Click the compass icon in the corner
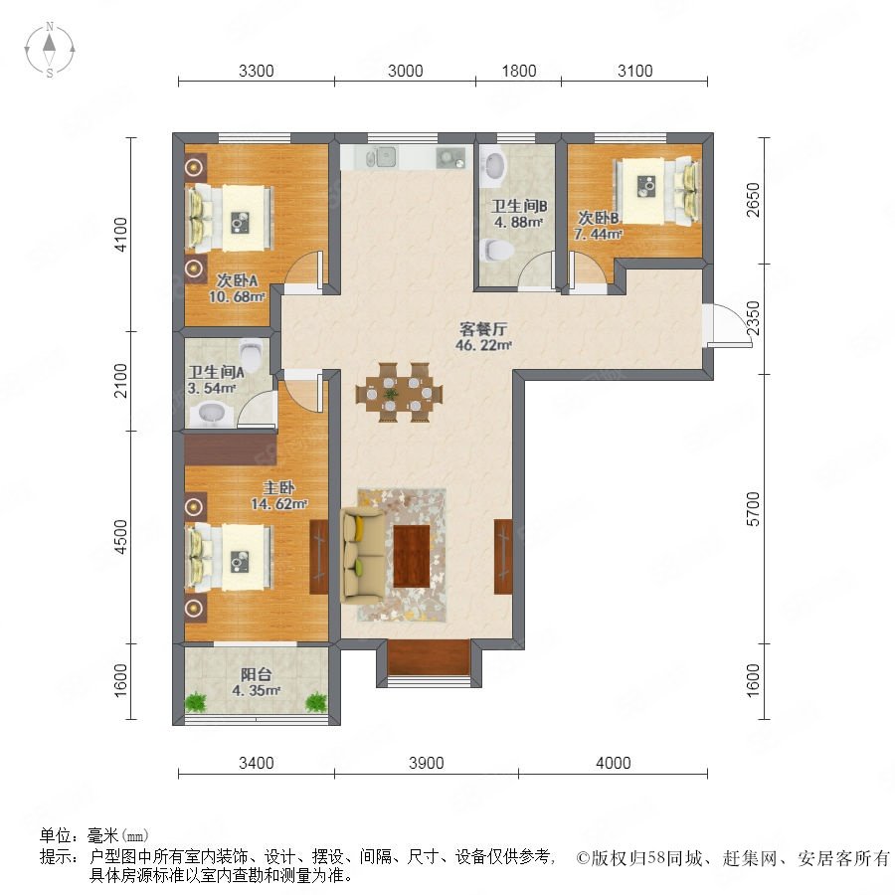[50, 50]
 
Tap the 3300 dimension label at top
[257, 71]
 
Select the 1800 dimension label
[519, 71]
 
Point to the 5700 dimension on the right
[753, 508]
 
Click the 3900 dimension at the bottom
[427, 763]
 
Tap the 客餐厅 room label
[483, 329]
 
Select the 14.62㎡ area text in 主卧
[279, 504]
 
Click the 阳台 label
[256, 674]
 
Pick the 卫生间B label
[519, 206]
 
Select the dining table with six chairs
[399, 393]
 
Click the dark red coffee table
[412, 556]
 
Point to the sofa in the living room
[361, 555]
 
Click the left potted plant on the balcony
[196, 702]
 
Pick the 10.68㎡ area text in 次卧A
[237, 296]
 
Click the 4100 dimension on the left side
[121, 234]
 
